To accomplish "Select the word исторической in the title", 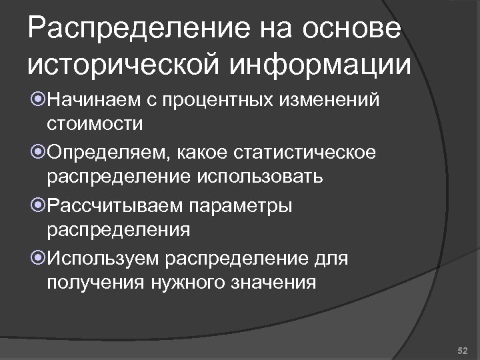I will click(122, 66).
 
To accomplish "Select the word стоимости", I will click(94, 123).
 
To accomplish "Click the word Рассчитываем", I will click(115, 205).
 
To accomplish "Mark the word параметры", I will click(241, 205).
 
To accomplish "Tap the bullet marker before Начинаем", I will click(38, 101).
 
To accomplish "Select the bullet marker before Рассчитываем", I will click(38, 206).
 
